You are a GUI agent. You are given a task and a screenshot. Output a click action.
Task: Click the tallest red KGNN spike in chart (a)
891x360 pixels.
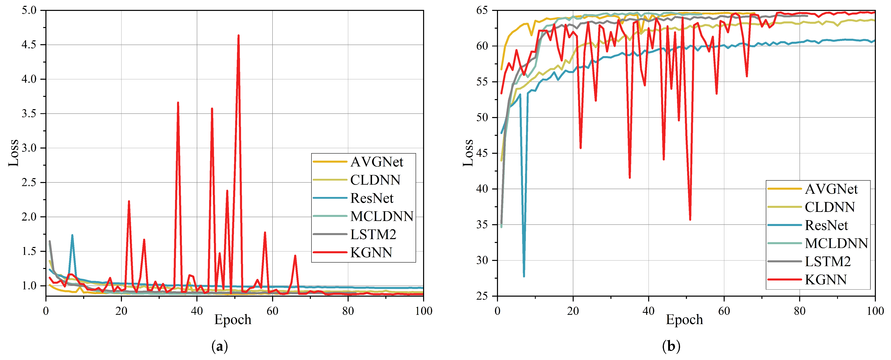[x=238, y=36]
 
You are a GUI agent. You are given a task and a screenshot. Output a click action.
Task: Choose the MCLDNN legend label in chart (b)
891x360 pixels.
[x=836, y=243]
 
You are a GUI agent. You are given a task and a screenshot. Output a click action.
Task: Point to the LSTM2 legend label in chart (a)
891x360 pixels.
[x=373, y=234]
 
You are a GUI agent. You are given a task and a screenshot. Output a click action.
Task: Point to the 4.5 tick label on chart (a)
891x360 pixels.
[x=29, y=45]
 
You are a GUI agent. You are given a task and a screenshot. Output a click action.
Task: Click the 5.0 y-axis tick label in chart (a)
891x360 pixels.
[x=29, y=10]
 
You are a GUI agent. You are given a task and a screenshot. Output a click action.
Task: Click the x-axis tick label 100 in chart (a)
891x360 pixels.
[x=423, y=311]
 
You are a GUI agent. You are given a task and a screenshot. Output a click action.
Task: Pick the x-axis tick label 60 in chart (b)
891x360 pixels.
[x=724, y=311]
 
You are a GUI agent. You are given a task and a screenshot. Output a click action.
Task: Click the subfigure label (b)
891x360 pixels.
[x=671, y=346]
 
